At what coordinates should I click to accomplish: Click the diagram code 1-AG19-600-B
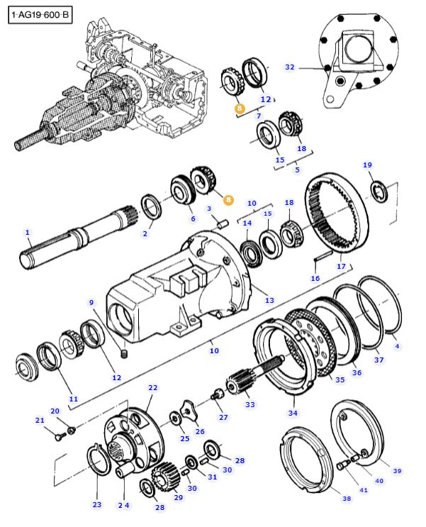[40, 13]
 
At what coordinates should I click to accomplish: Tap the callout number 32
[289, 67]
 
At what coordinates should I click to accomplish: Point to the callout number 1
[28, 232]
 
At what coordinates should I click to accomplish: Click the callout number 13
[269, 301]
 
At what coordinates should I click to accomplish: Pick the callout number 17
[341, 267]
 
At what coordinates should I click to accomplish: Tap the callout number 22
[152, 388]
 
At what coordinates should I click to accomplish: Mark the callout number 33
[250, 404]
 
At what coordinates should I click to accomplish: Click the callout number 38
[346, 499]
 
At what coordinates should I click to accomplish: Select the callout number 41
[364, 489]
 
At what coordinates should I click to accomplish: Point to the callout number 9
[91, 303]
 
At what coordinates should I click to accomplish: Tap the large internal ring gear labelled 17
[336, 213]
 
